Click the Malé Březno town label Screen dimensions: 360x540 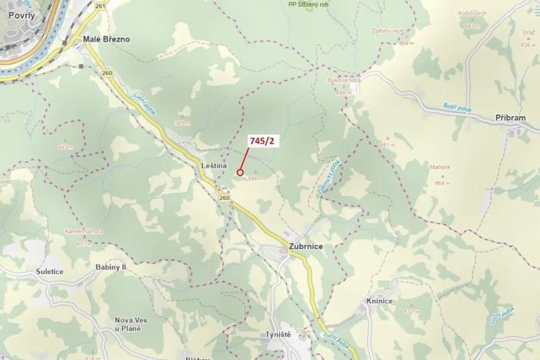pyautogui.click(x=106, y=39)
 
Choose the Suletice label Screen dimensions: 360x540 pyautogui.click(x=49, y=272)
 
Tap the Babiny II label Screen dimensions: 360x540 pyautogui.click(x=112, y=266)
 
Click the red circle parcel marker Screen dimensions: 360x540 pyautogui.click(x=240, y=173)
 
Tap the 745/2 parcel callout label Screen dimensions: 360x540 pyautogui.click(x=262, y=141)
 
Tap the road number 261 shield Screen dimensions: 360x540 pyautogui.click(x=101, y=5)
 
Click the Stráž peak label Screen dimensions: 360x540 pyautogui.click(x=528, y=34)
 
